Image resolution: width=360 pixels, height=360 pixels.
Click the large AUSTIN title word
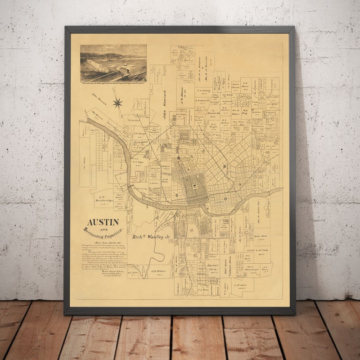click(x=103, y=222)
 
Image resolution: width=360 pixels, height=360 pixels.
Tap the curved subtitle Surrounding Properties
click(x=103, y=234)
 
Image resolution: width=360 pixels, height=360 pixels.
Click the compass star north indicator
click(x=117, y=103)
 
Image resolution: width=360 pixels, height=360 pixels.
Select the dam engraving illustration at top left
click(x=113, y=63)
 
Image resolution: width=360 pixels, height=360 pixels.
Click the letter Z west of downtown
click(x=177, y=195)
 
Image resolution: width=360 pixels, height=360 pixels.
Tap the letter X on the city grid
click(x=191, y=157)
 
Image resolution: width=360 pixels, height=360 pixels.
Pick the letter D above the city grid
click(x=179, y=157)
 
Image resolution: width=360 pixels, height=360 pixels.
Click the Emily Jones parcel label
click(x=261, y=236)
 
